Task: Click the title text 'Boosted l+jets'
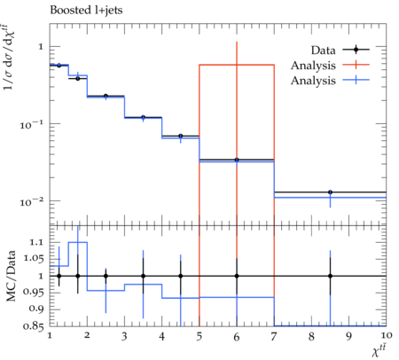tap(86, 11)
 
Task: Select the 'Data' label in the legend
tap(323, 51)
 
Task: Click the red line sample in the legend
tap(356, 65)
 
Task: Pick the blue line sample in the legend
tap(356, 80)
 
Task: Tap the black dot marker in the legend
tap(356, 50)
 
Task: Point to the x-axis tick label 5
tap(199, 336)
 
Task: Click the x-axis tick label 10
tap(387, 335)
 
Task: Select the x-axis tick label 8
tap(311, 336)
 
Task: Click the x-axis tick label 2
tap(87, 335)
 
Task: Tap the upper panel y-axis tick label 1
tap(41, 47)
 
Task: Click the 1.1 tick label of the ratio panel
tap(35, 243)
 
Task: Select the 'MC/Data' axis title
tap(12, 276)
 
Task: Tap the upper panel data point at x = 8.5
tap(330, 192)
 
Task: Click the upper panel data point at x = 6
tap(237, 160)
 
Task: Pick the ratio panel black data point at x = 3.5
tap(143, 276)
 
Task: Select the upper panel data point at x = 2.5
tap(106, 96)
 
